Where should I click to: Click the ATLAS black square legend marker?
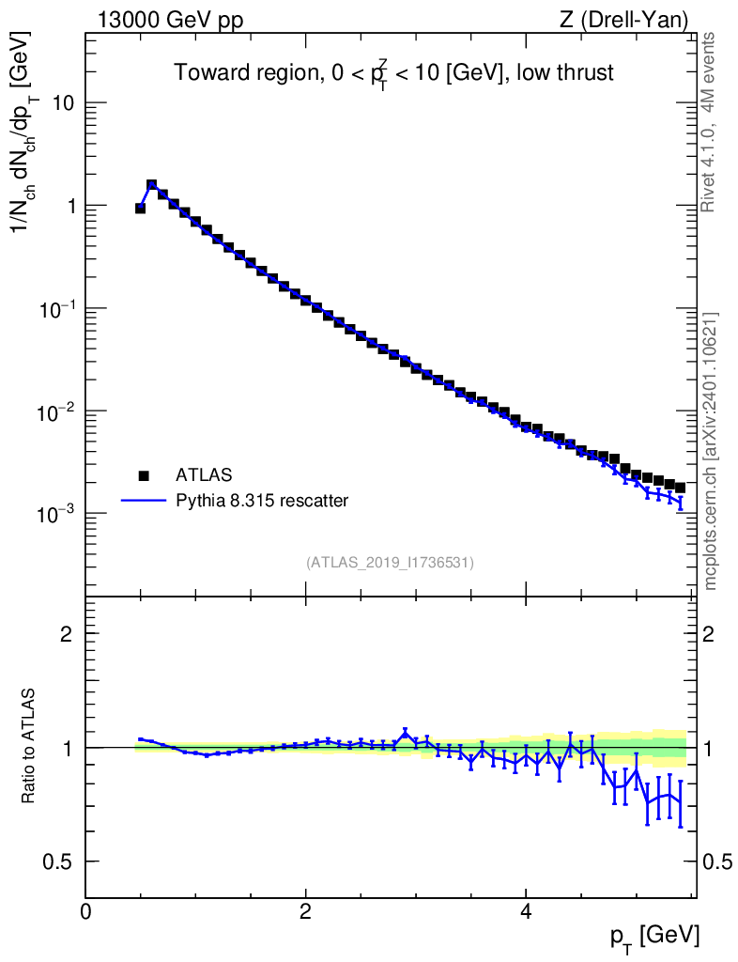144,475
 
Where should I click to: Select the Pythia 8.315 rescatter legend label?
262,501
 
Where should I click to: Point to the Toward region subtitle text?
393,72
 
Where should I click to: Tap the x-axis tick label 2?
306,911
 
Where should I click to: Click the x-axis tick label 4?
526,911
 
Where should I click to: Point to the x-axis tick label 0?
86,911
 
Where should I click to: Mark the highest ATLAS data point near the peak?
151,186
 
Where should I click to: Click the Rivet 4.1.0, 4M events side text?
710,122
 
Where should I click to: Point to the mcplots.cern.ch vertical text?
711,451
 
